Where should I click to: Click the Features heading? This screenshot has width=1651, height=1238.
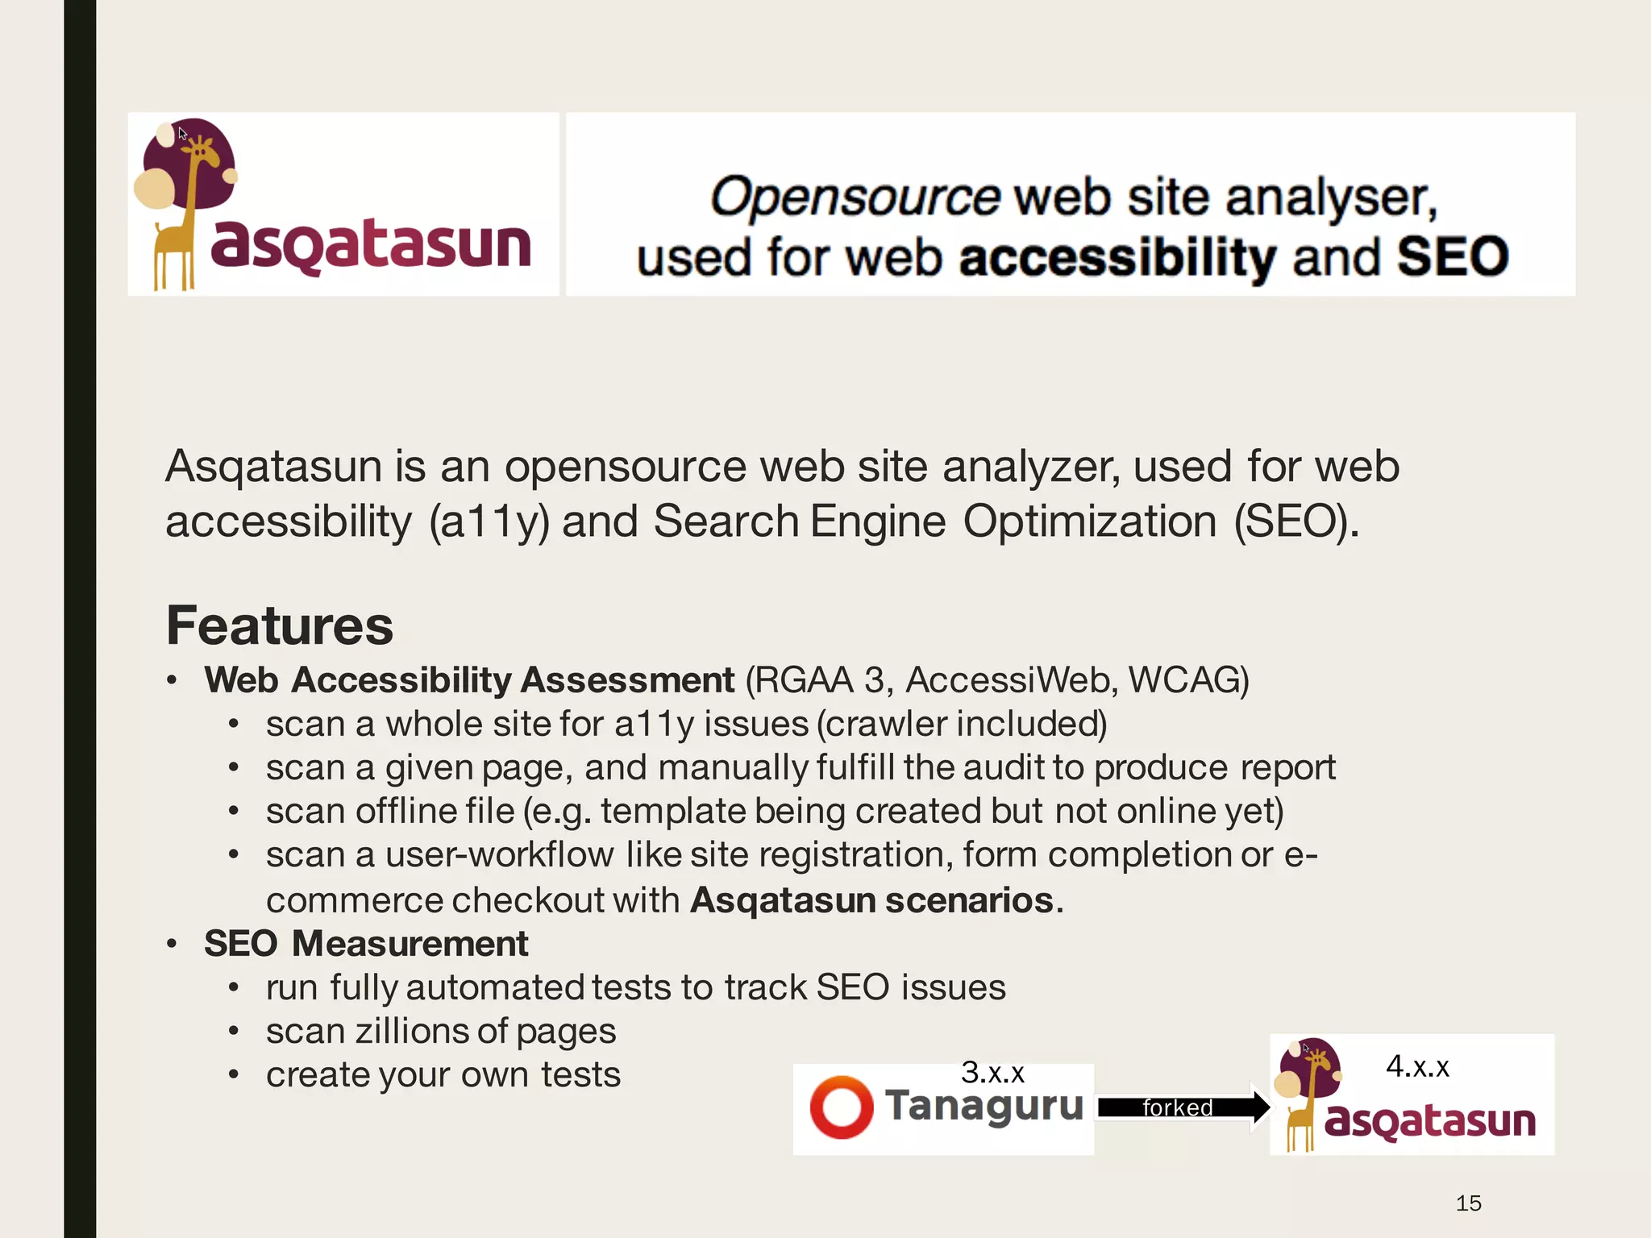(x=280, y=625)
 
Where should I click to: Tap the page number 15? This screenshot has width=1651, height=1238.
(x=1468, y=1203)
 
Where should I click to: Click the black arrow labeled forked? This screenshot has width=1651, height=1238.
(x=1181, y=1107)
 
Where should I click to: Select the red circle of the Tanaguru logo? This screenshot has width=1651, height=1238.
(x=841, y=1107)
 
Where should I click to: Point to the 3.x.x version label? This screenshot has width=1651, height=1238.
(x=992, y=1073)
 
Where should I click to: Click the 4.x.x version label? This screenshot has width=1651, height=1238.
(x=1417, y=1066)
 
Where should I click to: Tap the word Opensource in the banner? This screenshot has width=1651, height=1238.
(x=855, y=197)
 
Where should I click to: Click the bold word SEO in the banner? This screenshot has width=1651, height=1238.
(x=1452, y=257)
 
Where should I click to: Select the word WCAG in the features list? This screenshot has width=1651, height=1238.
(x=1187, y=680)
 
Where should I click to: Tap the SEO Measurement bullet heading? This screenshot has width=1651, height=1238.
(x=366, y=944)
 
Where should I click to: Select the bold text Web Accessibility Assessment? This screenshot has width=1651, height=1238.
(x=469, y=680)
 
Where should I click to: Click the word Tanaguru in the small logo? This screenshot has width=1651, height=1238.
(x=984, y=1106)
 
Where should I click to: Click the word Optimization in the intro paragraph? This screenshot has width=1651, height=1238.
(x=1090, y=521)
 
